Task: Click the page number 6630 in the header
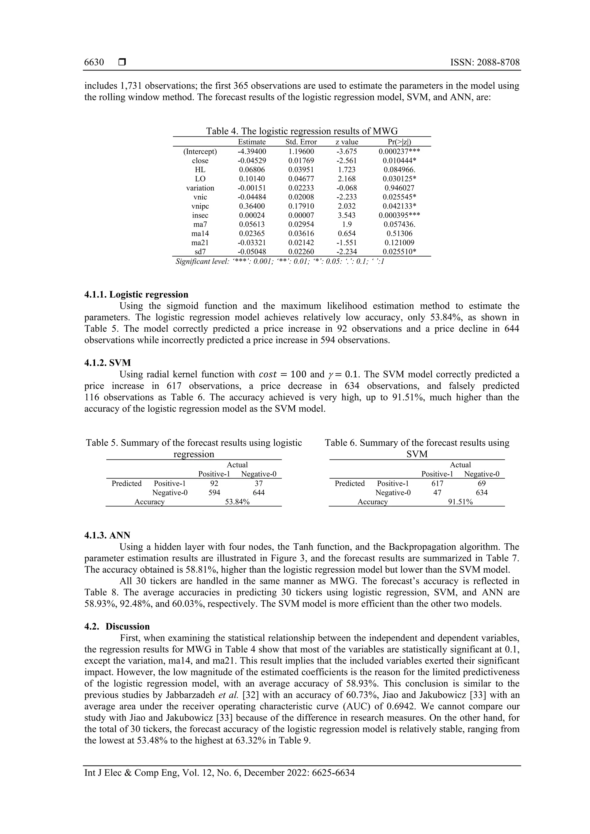94,62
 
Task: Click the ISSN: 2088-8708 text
485,62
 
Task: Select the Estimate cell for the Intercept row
251,151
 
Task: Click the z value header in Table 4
347,142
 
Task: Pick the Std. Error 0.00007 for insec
301,215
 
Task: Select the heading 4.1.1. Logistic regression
136,295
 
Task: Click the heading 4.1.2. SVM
108,363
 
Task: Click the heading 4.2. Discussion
117,627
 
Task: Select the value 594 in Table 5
214,493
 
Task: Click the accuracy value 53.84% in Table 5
237,502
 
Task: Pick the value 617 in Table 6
437,483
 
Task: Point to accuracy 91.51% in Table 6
460,502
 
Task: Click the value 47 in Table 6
437,493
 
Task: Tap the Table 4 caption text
302,131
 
